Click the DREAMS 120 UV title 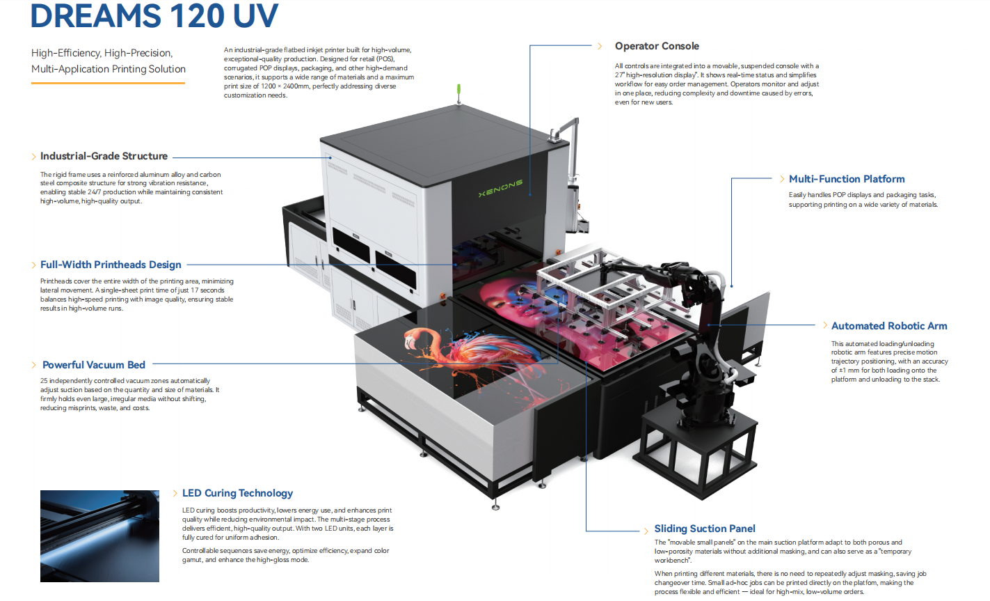(x=154, y=15)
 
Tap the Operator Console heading (x=657, y=46)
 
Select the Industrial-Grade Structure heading (x=104, y=156)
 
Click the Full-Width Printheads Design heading (x=111, y=265)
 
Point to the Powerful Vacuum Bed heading (x=94, y=365)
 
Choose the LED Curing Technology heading (x=238, y=493)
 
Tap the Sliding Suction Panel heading (x=705, y=529)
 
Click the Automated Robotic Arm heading (x=889, y=326)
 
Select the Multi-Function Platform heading (x=847, y=179)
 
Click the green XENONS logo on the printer (x=500, y=188)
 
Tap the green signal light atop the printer (x=458, y=89)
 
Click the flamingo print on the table (x=473, y=354)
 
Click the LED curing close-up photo (x=99, y=536)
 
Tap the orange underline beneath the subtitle (x=108, y=83)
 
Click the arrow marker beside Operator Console (x=600, y=46)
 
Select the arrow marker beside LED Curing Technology (x=175, y=493)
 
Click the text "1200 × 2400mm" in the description (x=285, y=86)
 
